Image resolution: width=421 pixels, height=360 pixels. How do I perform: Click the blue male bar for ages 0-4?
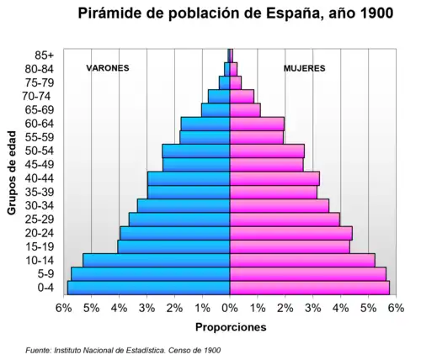[x=149, y=288]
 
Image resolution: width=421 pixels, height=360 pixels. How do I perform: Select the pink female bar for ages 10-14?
[x=302, y=260]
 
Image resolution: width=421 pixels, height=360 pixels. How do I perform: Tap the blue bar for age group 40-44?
[x=189, y=178]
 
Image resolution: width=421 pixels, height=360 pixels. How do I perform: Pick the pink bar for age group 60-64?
[x=257, y=124]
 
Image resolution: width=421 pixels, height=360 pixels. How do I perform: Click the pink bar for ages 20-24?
[x=290, y=233]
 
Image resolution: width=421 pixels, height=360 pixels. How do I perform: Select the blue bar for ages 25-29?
[x=179, y=219]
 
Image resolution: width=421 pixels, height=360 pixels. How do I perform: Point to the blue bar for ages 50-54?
[x=196, y=151]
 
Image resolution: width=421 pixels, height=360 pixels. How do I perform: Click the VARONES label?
[x=108, y=68]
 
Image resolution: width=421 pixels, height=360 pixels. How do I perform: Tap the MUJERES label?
[x=304, y=68]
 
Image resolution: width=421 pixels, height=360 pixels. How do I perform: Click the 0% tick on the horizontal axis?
[x=230, y=308]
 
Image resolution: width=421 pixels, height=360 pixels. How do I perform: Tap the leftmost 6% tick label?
[x=64, y=308]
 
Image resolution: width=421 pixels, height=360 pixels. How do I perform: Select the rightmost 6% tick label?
[x=395, y=308]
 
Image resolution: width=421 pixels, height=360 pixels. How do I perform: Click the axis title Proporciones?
[x=230, y=326]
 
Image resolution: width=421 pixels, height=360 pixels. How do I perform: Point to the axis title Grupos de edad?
[x=13, y=172]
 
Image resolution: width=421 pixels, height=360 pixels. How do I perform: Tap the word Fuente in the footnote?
[x=40, y=349]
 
